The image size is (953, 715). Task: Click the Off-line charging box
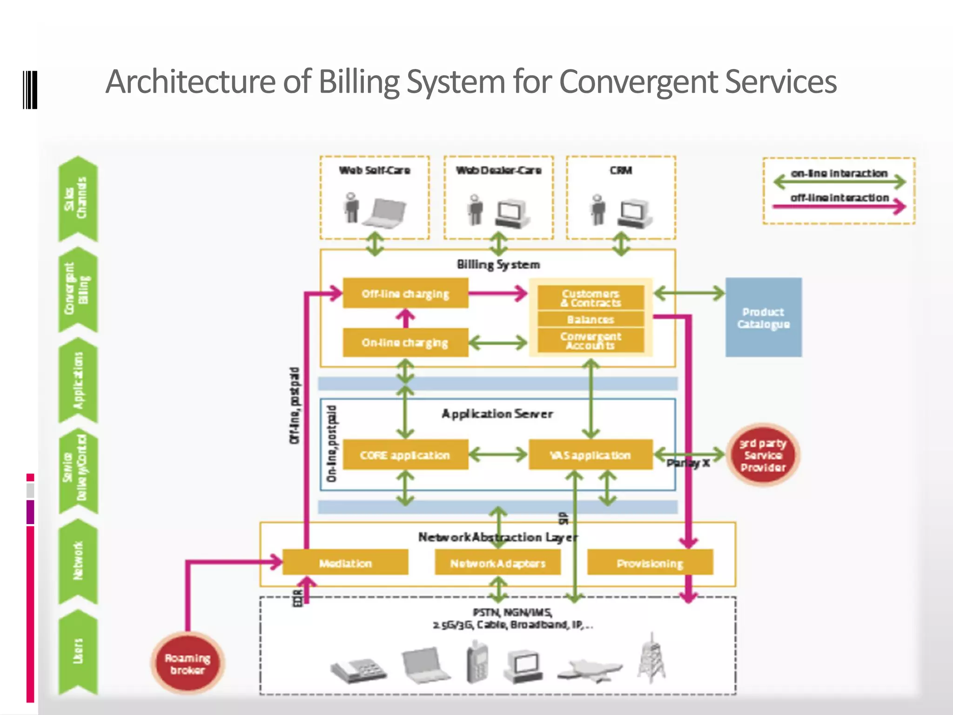click(405, 293)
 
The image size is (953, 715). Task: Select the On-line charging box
click(405, 343)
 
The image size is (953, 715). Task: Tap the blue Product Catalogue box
click(763, 317)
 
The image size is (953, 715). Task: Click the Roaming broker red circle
click(188, 663)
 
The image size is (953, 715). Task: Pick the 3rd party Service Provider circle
click(763, 455)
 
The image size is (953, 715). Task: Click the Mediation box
click(345, 563)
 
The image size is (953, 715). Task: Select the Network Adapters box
click(497, 563)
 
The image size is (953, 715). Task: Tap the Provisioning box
click(650, 563)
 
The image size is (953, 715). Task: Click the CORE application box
click(405, 455)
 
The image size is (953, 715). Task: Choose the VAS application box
click(591, 455)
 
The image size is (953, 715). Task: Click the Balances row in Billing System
click(591, 319)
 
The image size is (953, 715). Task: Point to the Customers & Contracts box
click(591, 298)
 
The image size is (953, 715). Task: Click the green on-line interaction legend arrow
click(839, 182)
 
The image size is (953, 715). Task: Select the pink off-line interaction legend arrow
click(839, 206)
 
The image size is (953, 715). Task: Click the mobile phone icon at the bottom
click(477, 661)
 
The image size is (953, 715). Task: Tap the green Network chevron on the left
click(78, 561)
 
